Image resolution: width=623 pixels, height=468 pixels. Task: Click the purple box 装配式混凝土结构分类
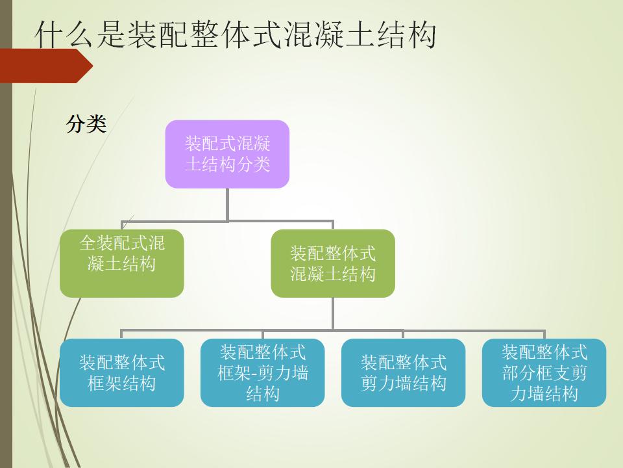(227, 154)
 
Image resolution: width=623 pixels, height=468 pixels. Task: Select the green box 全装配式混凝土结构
(122, 263)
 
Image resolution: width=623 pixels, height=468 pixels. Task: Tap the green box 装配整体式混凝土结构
(332, 263)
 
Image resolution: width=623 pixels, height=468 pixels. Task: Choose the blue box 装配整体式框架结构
(122, 372)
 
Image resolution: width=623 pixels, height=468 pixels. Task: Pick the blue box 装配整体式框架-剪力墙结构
(262, 372)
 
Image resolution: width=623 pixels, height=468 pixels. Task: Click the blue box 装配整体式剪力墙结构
(403, 372)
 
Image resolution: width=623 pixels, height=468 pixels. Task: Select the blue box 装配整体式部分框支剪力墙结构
(544, 372)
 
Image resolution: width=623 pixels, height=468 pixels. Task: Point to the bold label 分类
(86, 123)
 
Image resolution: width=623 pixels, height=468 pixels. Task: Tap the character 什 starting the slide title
(49, 36)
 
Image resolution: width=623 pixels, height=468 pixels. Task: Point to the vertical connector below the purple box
(227, 203)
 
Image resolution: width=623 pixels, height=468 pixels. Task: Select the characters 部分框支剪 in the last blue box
(544, 373)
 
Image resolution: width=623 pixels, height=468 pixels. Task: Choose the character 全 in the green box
(88, 244)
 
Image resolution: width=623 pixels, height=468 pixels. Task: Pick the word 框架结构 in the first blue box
(122, 383)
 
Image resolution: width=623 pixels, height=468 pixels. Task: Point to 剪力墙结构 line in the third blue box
(403, 383)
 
